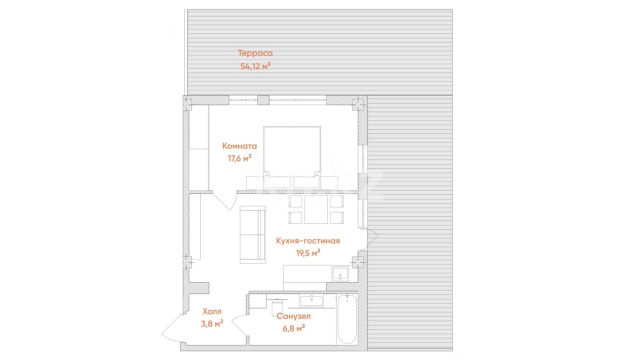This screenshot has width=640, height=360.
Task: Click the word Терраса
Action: coord(255,53)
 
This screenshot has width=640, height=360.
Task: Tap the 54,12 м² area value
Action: coord(256,66)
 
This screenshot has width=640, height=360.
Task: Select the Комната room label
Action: coord(240,146)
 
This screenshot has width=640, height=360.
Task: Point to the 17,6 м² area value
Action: coord(240,158)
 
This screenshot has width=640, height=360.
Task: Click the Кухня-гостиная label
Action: coord(308,241)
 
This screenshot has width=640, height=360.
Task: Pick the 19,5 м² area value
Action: coord(308,253)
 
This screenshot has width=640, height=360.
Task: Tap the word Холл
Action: coord(212,311)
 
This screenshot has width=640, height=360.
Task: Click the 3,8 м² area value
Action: coord(212,324)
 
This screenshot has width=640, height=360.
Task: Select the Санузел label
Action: coord(293,316)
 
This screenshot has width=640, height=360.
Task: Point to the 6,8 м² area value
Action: coord(293,328)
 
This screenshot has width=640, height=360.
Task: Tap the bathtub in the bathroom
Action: coord(347,319)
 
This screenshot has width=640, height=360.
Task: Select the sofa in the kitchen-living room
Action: coord(253,235)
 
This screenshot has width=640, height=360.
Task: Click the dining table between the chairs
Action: coord(316,209)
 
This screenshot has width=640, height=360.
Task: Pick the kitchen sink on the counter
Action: coord(340,273)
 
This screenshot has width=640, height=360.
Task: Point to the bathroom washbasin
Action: coord(312,301)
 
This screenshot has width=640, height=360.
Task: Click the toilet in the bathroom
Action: coord(277,306)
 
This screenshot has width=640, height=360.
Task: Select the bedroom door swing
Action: coord(225,200)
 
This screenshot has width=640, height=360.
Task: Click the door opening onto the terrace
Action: coord(372,239)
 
